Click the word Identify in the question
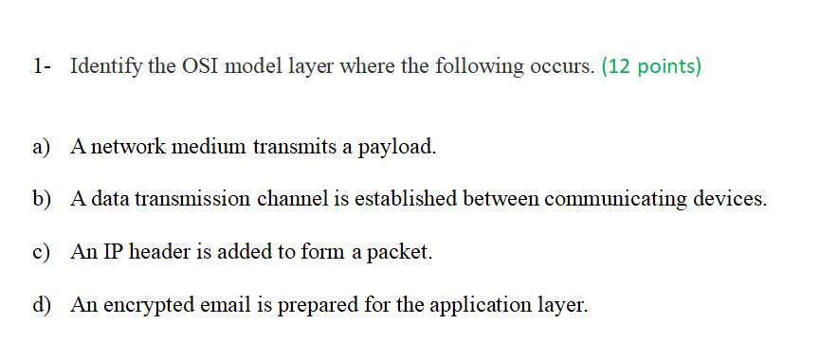point(105,67)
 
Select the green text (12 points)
point(651,67)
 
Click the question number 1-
point(40,67)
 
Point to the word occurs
point(562,67)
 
